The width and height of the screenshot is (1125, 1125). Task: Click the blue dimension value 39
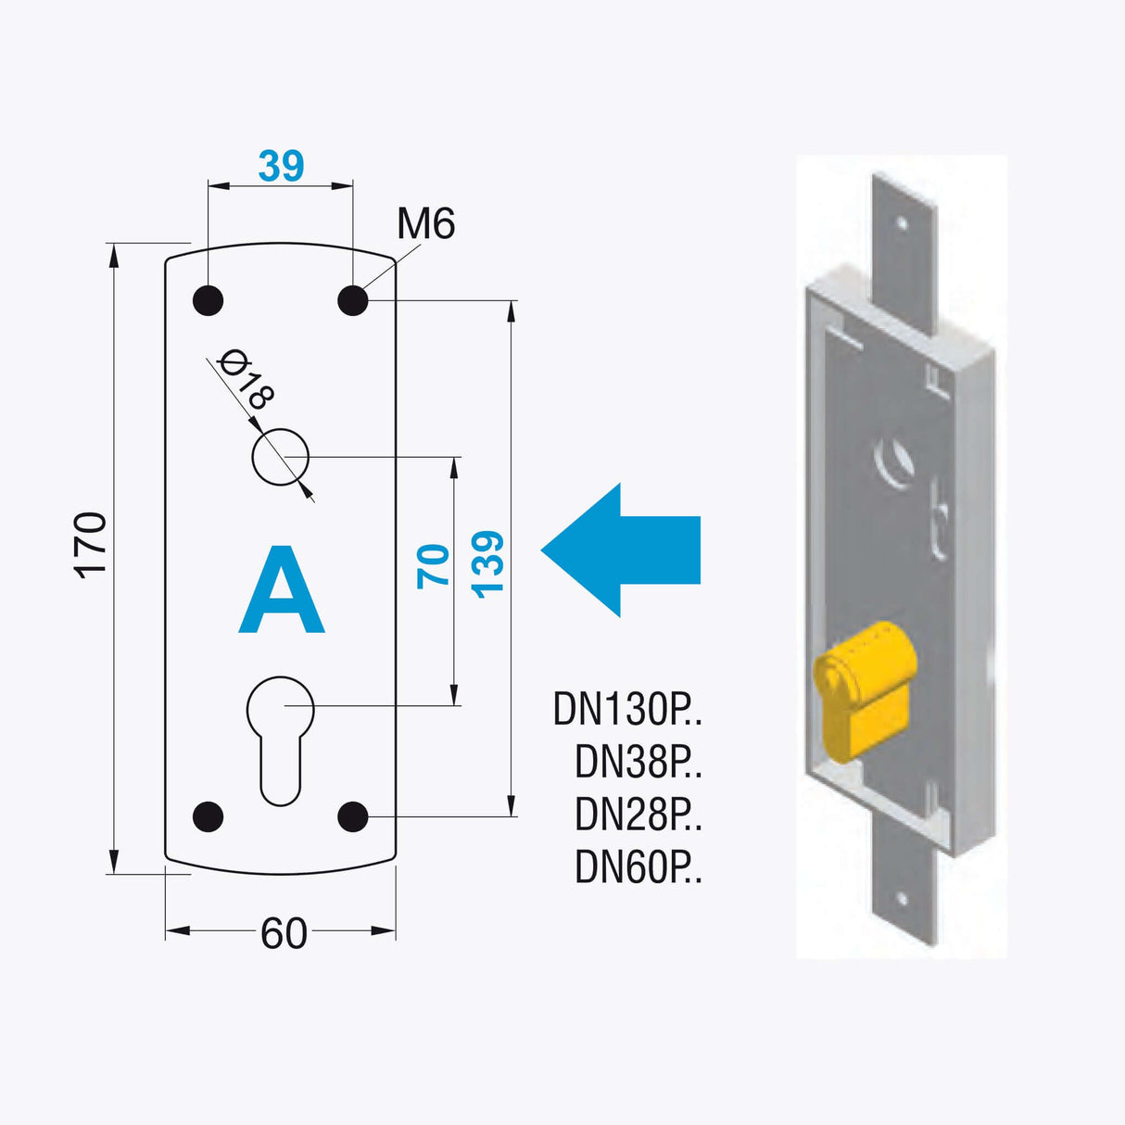281,166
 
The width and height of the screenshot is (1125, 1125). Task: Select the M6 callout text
425,224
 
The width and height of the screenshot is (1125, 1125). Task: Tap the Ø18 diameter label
246,379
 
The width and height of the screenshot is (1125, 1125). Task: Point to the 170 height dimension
91,545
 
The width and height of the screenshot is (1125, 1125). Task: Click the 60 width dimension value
284,933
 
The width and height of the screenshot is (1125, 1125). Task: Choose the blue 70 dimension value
434,566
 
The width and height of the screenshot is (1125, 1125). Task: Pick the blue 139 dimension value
487,564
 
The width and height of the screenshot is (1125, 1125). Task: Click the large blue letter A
282,590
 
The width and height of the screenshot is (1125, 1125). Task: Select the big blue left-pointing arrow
620,550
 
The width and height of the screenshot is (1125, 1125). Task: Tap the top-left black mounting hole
208,300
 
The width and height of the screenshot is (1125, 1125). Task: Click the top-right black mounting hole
353,300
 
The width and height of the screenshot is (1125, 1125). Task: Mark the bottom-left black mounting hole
208,816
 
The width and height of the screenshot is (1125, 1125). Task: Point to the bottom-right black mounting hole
353,816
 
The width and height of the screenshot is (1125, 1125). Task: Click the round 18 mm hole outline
281,457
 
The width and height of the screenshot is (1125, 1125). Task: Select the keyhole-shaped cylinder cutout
280,737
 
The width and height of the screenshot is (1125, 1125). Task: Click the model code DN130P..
627,710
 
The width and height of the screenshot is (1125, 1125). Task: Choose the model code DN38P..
638,763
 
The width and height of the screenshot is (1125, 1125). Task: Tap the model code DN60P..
638,868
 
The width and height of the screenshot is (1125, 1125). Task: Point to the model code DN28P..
638,815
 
